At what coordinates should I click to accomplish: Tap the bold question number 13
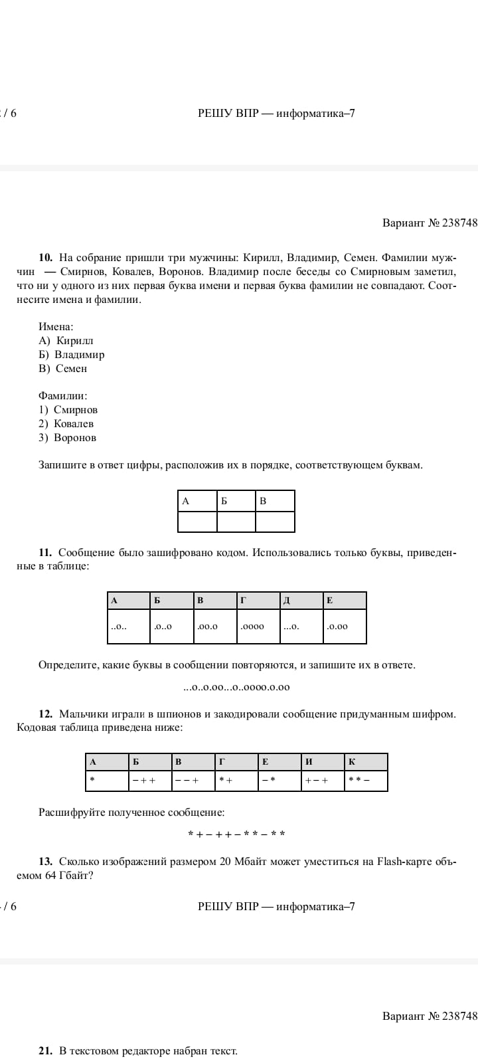pos(45,862)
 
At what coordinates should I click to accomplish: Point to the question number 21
pos(45,1050)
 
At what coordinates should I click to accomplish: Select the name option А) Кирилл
pos(66,341)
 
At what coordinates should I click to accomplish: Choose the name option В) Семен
pos(63,369)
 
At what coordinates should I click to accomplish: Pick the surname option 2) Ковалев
pos(66,424)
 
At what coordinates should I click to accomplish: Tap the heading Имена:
pos(56,327)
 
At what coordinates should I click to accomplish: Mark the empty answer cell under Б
pos(236,522)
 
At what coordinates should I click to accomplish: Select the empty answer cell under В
pos(275,522)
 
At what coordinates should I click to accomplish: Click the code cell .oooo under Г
pos(258,627)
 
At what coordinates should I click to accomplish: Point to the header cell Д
pos(301,601)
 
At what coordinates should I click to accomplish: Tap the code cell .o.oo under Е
pos(345,627)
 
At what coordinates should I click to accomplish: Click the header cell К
pos(366,762)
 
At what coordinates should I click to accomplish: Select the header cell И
pos(323,762)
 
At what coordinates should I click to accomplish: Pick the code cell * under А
pos(107,781)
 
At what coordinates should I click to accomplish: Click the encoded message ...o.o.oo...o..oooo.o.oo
pos(236,688)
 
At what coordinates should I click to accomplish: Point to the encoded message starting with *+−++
pos(236,834)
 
